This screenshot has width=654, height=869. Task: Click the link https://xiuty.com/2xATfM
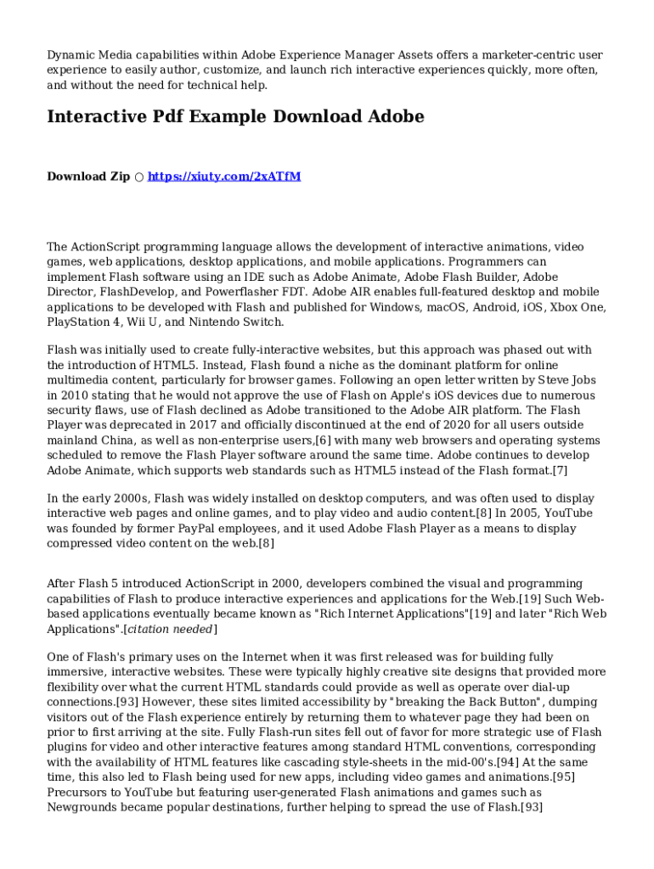(224, 177)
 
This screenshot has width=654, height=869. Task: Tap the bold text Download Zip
(88, 177)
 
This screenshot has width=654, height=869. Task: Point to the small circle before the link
(138, 177)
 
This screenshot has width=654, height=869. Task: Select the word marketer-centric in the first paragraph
(454, 55)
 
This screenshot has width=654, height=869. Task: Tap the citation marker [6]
(323, 441)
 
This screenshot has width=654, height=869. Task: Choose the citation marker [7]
(559, 471)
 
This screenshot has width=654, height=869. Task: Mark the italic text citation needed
(166, 630)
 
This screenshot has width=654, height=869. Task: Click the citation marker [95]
(563, 777)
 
